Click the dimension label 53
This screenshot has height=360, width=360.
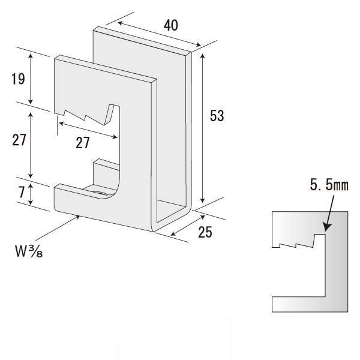click(217, 116)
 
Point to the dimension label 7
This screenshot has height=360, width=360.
click(22, 193)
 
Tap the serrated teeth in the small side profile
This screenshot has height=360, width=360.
click(294, 244)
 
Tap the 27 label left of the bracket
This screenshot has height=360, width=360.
click(19, 140)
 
